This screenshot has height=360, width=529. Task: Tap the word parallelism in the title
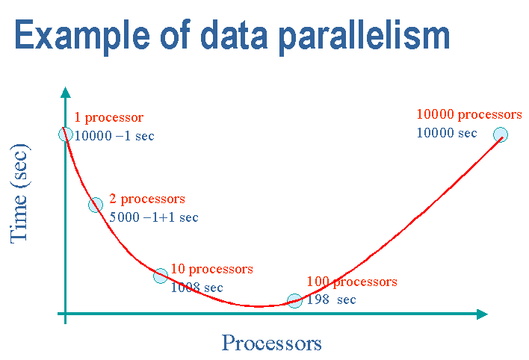click(365, 37)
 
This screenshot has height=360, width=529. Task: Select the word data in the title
click(234, 34)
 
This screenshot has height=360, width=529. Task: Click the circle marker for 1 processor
click(66, 134)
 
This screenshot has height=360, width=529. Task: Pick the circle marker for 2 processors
click(96, 205)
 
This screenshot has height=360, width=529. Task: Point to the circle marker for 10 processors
click(161, 276)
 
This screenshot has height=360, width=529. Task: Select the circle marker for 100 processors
click(294, 300)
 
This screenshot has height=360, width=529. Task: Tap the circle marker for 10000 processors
click(501, 134)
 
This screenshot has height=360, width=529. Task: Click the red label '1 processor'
click(108, 118)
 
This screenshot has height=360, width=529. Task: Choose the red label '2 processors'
click(147, 199)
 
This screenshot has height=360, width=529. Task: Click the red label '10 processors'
click(212, 269)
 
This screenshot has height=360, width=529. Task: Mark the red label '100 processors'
click(352, 282)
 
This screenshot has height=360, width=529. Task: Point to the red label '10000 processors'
click(469, 115)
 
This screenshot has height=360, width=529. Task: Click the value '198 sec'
click(331, 300)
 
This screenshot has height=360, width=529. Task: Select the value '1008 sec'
click(197, 288)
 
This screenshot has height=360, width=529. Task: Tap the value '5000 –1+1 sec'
click(154, 217)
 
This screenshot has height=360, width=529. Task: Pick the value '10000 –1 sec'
click(114, 136)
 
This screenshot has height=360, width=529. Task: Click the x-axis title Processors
click(271, 343)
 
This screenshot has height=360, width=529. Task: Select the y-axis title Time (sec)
click(19, 193)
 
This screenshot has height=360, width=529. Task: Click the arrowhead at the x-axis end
click(482, 314)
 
